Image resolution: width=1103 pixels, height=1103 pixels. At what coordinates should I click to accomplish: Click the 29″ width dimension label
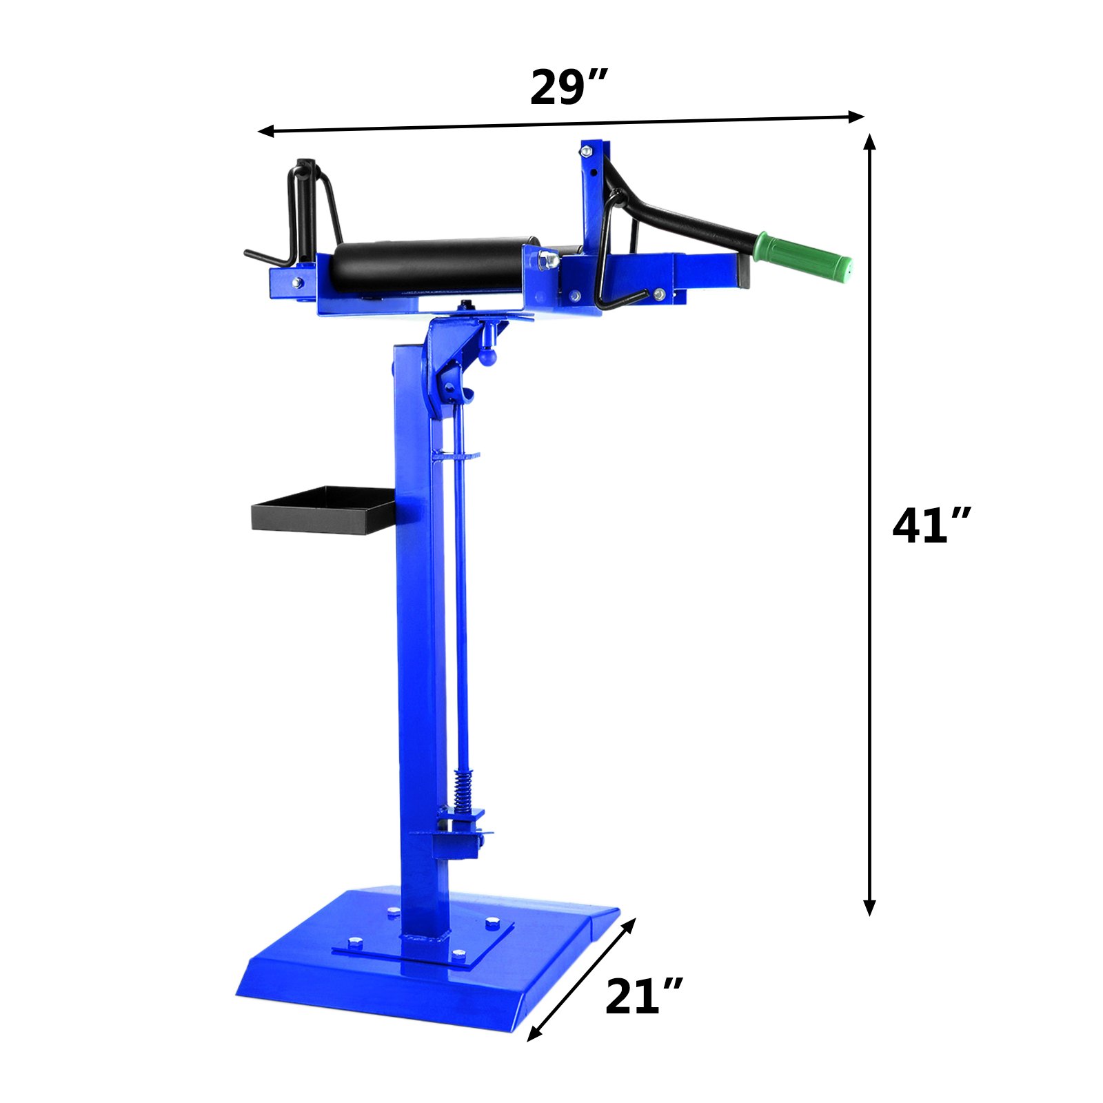point(568,88)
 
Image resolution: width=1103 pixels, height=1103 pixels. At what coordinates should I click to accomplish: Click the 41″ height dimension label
point(931,526)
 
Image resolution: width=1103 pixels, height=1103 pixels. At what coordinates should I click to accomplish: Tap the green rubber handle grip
point(803,254)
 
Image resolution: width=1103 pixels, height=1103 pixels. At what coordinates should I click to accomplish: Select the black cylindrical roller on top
point(434,265)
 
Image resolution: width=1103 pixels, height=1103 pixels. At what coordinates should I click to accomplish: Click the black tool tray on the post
point(322,510)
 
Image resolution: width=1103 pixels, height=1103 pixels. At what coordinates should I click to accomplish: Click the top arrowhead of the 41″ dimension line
point(870,141)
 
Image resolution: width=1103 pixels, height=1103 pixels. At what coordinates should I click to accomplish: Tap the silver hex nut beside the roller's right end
point(549,260)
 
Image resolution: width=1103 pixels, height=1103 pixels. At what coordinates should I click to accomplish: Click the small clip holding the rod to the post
point(455,455)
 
